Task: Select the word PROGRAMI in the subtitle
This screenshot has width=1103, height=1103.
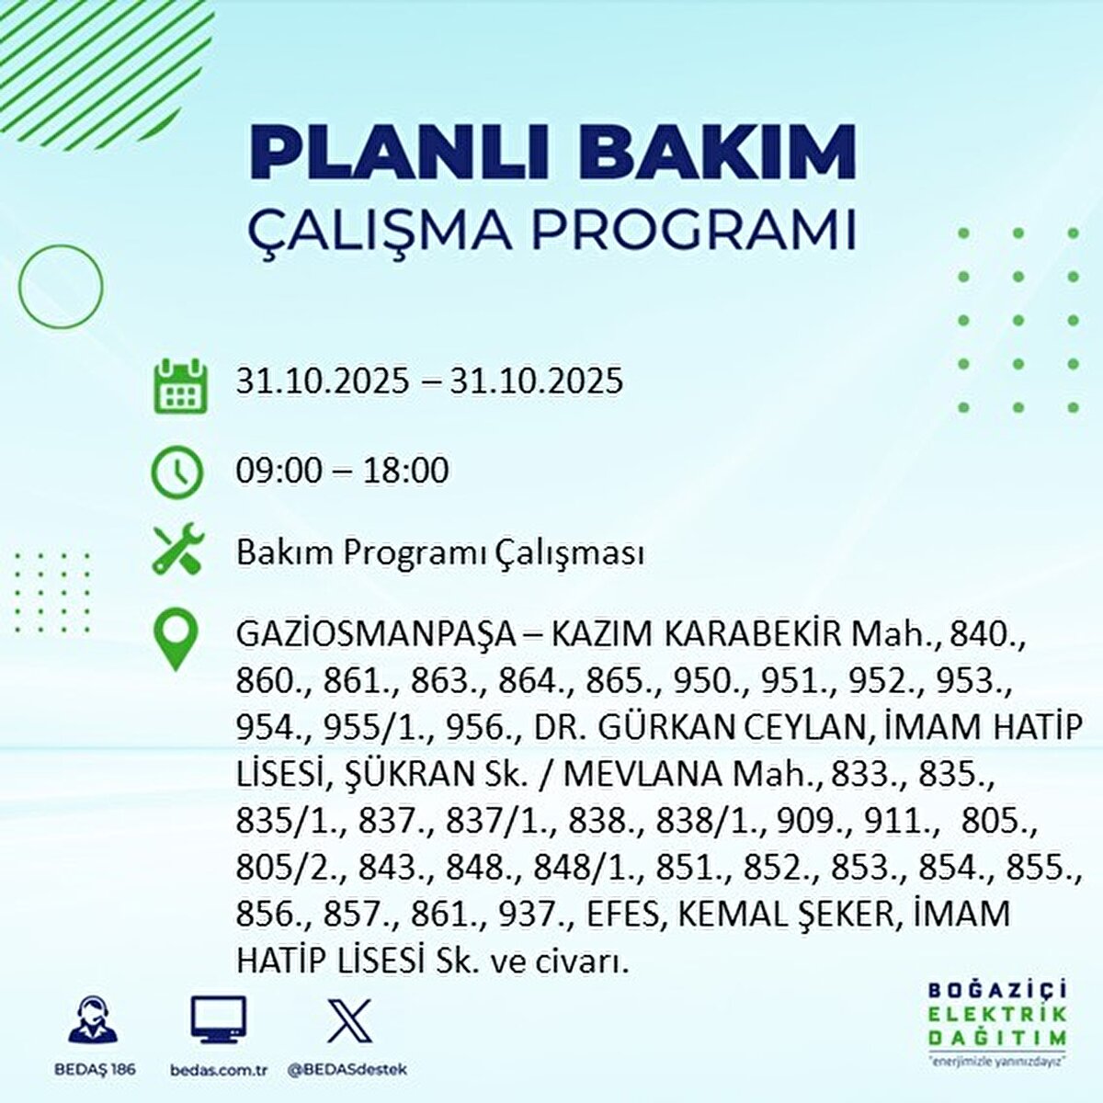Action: click(x=694, y=231)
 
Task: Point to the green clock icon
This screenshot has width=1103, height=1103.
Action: click(x=176, y=471)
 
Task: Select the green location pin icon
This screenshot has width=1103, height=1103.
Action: click(x=176, y=640)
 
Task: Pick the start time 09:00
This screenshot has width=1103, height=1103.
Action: click(x=279, y=472)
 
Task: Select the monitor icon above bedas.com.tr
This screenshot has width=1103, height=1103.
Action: click(x=218, y=1018)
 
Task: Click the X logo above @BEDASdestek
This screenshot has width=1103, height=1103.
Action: click(x=348, y=1018)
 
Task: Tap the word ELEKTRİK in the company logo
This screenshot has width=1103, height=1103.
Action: click(x=998, y=1014)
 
